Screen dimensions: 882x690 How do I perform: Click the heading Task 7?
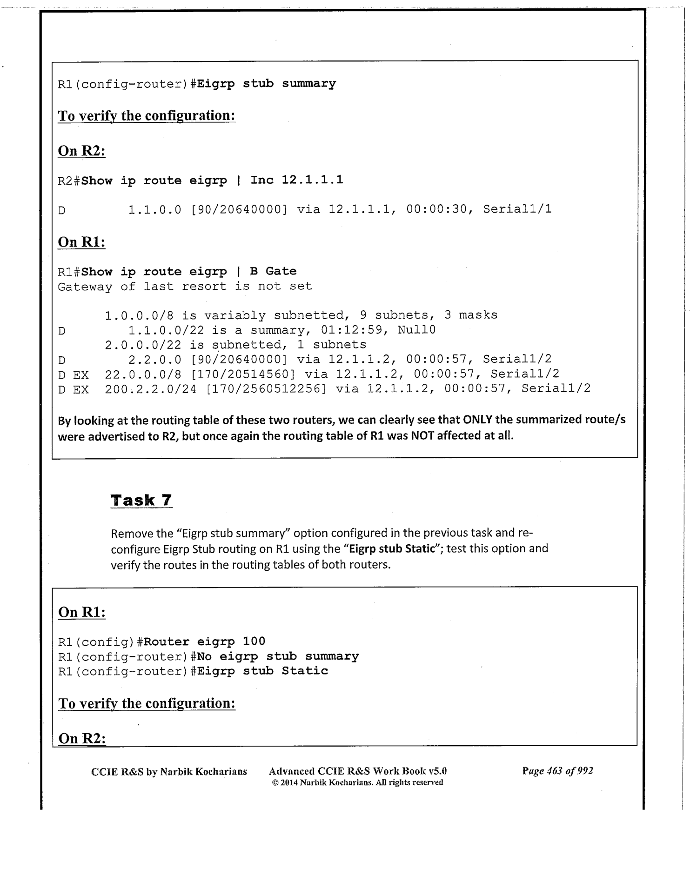pyautogui.click(x=141, y=501)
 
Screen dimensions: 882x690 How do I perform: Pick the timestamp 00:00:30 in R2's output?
pyautogui.click(x=436, y=209)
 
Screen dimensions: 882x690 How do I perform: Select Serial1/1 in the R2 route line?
pyautogui.click(x=517, y=209)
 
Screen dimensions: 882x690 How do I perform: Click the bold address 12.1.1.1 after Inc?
pyautogui.click(x=312, y=180)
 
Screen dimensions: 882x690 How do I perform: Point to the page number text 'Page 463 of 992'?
pyautogui.click(x=557, y=771)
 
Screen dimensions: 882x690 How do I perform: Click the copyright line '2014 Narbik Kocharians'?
pyautogui.click(x=357, y=783)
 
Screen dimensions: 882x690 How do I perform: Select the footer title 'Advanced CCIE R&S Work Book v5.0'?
pyautogui.click(x=357, y=771)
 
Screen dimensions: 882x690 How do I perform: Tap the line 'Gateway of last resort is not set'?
pyautogui.click(x=185, y=286)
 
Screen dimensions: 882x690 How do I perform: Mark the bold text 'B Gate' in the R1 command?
pyautogui.click(x=273, y=271)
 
